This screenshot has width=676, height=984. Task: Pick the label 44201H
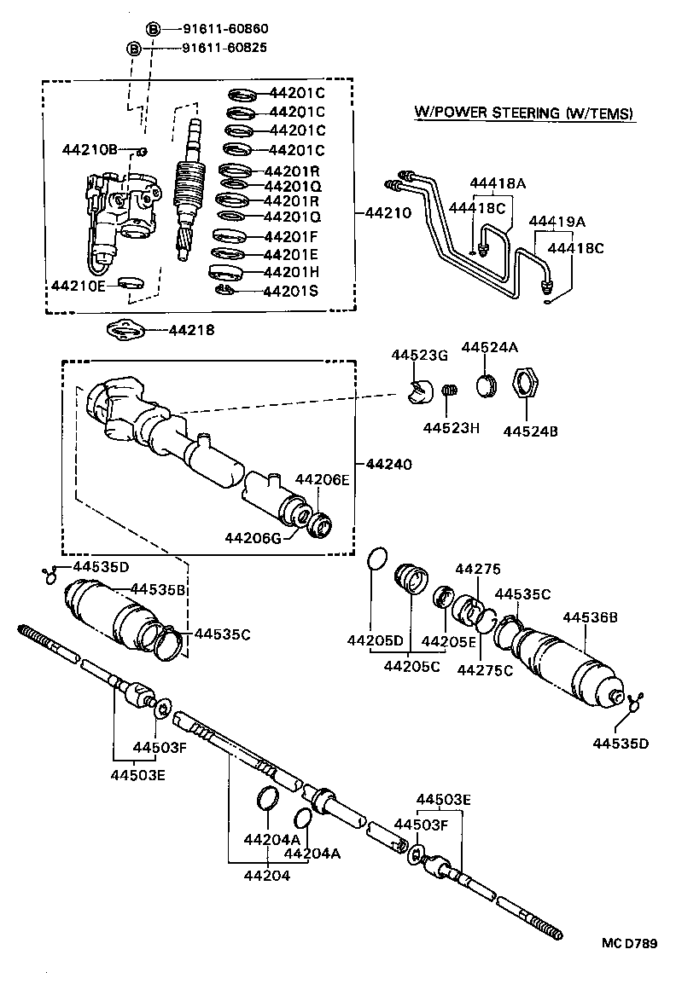pos(292,273)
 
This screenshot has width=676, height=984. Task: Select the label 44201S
pos(291,292)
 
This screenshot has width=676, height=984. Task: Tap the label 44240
pos(388,465)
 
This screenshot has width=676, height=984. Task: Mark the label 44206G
pos(253,538)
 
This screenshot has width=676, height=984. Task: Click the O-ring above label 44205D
pos(376,559)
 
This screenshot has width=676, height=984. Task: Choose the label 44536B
pos(589,617)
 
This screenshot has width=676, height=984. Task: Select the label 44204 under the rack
pos(267,875)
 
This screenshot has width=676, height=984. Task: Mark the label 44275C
pos(484,669)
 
